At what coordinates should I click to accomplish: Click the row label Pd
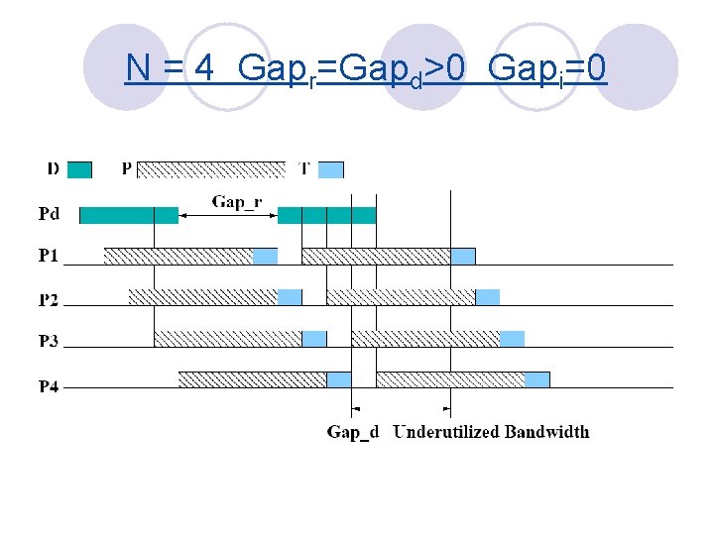[x=49, y=214]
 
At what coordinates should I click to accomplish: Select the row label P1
[x=49, y=256]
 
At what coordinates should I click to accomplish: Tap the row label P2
[x=49, y=298]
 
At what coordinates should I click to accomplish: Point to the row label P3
[x=49, y=341]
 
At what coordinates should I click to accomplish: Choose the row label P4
[x=49, y=385]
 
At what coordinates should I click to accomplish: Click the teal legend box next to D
[x=79, y=169]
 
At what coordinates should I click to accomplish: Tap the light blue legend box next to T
[x=330, y=169]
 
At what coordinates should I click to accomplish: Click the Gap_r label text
[x=236, y=202]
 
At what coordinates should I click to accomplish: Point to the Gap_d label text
[x=353, y=432]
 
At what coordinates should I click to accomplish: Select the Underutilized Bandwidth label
[x=491, y=432]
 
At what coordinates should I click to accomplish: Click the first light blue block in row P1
[x=265, y=257]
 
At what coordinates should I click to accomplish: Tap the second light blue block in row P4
[x=536, y=379]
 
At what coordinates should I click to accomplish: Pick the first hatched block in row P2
[x=203, y=297]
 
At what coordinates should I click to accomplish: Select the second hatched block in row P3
[x=425, y=339]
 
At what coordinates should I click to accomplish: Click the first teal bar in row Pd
[x=128, y=215]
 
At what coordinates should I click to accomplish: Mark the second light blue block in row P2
[x=487, y=297]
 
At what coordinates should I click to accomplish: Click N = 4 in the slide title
[x=170, y=68]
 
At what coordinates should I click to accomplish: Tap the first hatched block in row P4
[x=252, y=379]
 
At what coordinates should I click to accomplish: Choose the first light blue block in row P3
[x=314, y=339]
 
